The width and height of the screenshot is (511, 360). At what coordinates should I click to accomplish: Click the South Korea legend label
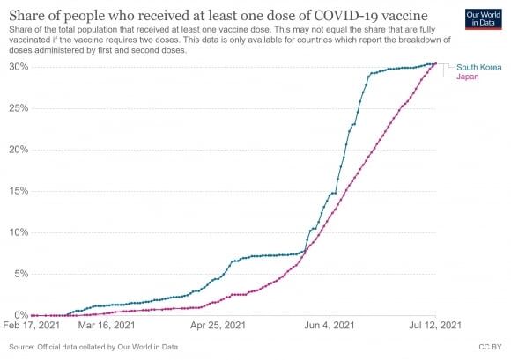[478, 68]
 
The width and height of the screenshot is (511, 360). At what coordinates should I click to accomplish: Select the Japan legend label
[467, 77]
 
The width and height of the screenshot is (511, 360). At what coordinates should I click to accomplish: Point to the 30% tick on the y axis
[19, 67]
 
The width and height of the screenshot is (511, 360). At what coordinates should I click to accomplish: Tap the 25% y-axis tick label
[19, 108]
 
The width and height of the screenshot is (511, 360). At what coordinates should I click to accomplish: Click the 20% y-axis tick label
[19, 150]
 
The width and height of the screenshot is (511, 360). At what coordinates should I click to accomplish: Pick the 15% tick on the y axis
[19, 191]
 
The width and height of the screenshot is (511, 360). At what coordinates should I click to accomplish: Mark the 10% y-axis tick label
[19, 232]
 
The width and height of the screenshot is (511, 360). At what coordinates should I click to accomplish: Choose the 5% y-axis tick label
[21, 274]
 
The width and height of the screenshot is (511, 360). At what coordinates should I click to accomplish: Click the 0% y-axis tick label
[21, 315]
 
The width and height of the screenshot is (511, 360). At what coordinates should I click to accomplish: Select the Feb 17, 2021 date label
[32, 325]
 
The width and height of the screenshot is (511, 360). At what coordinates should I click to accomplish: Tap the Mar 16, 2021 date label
[107, 325]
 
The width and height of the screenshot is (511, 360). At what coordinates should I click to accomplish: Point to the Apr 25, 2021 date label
[218, 325]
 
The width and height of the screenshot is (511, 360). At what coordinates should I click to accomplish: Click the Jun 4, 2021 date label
[330, 325]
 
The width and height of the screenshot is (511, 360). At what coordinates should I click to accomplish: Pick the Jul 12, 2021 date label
[435, 325]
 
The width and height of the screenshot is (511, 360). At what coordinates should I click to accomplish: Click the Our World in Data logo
[484, 19]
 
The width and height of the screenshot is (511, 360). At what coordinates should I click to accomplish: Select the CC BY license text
[490, 347]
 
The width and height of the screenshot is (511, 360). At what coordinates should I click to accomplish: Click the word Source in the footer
[21, 347]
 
